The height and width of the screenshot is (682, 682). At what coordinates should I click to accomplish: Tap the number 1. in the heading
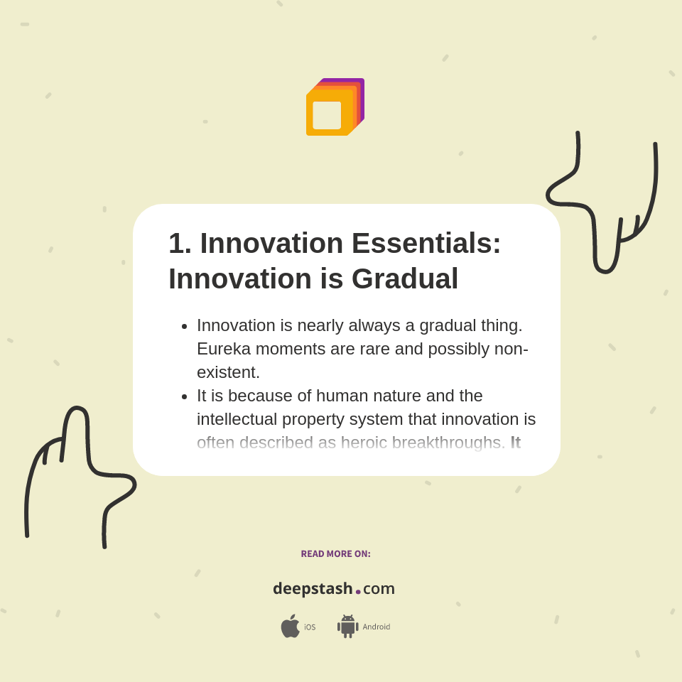(x=180, y=244)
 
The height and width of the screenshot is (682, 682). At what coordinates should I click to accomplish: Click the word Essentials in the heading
(x=426, y=244)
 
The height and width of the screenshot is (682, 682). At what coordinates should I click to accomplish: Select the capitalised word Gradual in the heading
(x=405, y=279)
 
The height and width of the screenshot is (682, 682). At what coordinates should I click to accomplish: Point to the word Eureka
(x=225, y=349)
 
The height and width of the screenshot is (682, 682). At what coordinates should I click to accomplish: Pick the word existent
(x=228, y=372)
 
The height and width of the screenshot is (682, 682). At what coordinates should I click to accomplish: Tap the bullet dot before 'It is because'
(x=185, y=396)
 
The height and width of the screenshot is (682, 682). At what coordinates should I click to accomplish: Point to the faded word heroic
(x=364, y=443)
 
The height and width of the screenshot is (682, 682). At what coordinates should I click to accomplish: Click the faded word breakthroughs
(x=448, y=443)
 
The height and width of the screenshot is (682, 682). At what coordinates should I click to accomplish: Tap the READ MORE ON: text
(x=335, y=554)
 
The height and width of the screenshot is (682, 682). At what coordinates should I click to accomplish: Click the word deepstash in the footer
(x=313, y=589)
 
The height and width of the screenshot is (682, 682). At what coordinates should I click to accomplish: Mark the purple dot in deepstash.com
(x=358, y=592)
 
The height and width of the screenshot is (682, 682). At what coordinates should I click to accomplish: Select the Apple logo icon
(x=290, y=626)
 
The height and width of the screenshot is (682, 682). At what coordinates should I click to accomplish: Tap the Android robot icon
(x=347, y=626)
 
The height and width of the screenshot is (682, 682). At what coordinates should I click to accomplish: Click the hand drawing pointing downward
(x=604, y=206)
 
